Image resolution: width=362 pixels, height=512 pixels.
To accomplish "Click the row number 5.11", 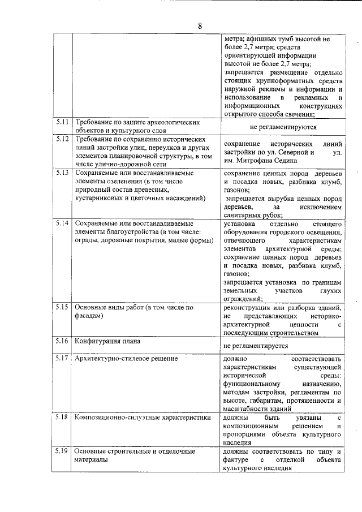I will (62, 122).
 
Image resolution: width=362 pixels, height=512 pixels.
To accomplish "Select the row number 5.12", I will (62, 139).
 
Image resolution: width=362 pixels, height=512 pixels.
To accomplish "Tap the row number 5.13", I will (62, 172).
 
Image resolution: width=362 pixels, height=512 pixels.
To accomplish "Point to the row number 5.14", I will (62, 223).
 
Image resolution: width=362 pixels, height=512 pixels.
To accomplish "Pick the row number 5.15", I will (62, 307).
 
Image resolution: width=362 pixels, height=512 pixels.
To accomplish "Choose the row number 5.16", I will (62, 341).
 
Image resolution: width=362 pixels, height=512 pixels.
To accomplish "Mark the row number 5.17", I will (62, 358).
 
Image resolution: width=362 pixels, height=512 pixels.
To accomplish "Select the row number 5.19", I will (62, 451).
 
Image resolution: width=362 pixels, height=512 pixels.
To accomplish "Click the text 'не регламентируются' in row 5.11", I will (282, 127).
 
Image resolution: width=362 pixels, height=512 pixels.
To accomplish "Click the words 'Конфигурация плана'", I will (108, 341).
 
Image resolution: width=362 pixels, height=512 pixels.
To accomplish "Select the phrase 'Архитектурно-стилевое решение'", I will (126, 358).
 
